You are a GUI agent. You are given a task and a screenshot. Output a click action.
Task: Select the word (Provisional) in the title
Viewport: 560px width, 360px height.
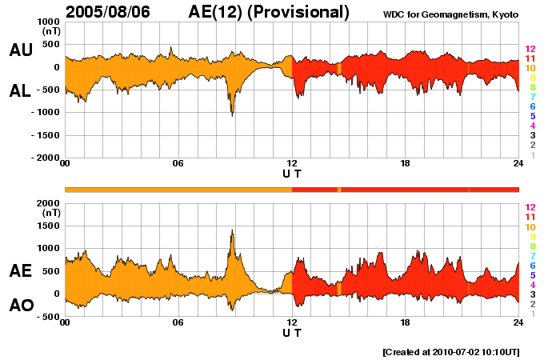pos(299,12)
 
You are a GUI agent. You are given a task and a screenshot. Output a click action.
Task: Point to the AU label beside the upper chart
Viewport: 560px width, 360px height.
pos(21,50)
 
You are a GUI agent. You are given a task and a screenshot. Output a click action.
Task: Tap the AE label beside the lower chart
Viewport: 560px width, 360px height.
pos(21,272)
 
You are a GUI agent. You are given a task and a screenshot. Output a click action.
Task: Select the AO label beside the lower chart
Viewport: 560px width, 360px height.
pos(21,306)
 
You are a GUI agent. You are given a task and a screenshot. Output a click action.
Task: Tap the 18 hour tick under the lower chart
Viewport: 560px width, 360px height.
pos(405,323)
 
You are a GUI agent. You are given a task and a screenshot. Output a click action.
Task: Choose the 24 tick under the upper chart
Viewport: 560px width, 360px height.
pos(518,165)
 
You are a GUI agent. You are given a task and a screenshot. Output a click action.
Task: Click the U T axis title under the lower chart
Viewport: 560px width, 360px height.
pos(292,333)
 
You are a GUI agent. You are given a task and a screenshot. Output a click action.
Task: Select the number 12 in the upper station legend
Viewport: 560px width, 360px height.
pos(530,50)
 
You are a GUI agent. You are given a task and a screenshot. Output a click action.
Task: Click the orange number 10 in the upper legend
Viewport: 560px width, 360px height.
pos(530,69)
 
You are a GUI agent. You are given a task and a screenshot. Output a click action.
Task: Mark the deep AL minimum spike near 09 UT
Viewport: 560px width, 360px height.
pos(232,114)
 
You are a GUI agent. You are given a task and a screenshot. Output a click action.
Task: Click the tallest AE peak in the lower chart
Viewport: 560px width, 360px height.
pos(232,231)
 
